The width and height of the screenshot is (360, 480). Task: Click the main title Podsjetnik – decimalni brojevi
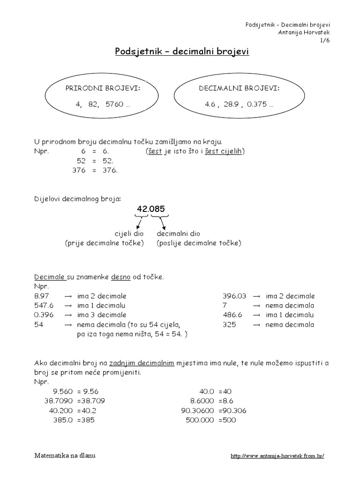click(x=182, y=51)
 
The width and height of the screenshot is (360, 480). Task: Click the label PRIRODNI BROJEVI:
click(x=105, y=88)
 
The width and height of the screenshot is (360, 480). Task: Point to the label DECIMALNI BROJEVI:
click(x=240, y=88)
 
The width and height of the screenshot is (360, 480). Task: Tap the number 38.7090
click(x=60, y=401)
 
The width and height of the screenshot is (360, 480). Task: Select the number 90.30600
click(x=198, y=411)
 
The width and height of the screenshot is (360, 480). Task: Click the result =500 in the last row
click(x=227, y=420)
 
